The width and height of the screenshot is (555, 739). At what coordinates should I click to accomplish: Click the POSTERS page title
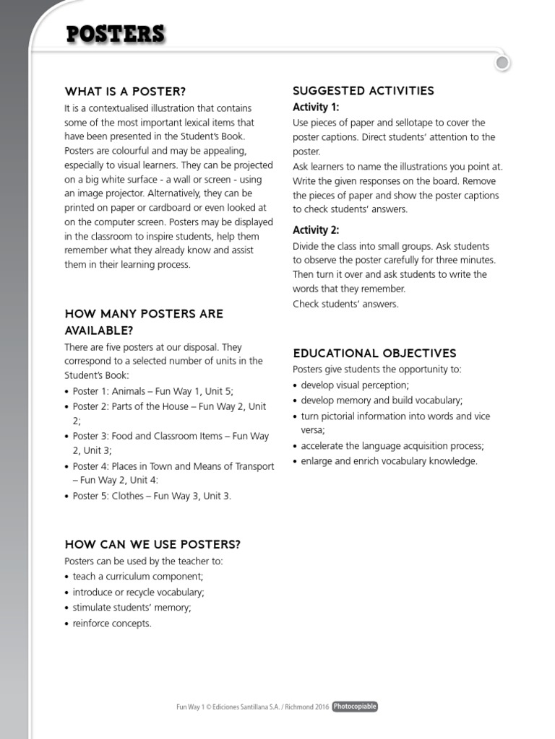click(x=116, y=35)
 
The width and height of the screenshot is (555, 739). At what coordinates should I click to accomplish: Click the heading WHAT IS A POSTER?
click(x=125, y=92)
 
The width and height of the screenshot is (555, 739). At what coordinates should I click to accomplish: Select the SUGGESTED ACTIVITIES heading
click(x=363, y=90)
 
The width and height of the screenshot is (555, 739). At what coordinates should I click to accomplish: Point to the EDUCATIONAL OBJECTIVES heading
click(x=374, y=353)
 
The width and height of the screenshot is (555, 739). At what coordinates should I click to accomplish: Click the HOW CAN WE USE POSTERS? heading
click(x=152, y=544)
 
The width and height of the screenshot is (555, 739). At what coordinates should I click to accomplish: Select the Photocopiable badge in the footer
click(x=355, y=707)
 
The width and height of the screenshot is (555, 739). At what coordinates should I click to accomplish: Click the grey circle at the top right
click(x=503, y=64)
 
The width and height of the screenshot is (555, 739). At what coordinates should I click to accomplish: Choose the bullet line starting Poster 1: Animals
click(x=152, y=391)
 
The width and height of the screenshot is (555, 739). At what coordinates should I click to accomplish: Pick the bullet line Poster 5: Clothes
click(x=152, y=496)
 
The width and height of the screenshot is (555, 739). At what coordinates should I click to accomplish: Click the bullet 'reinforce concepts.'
click(x=112, y=624)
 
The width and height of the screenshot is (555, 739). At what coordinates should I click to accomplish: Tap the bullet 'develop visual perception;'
click(x=355, y=385)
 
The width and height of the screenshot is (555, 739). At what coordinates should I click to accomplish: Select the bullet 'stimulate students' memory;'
click(x=132, y=608)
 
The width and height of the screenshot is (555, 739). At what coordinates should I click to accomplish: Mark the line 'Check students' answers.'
click(x=345, y=304)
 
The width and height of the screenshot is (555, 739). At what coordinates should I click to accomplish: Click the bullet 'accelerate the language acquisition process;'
click(x=392, y=446)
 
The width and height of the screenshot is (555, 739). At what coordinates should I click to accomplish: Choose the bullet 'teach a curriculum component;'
click(x=138, y=577)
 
